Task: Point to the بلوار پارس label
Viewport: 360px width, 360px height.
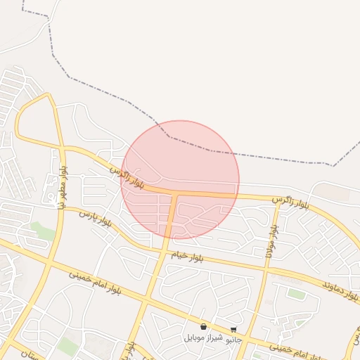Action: point(95,217)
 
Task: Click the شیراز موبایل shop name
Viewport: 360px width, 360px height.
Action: point(203,337)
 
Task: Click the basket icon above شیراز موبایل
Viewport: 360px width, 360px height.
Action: point(203,327)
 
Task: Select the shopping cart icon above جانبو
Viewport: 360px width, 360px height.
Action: point(233,329)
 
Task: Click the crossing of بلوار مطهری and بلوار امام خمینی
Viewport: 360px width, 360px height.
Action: point(49,264)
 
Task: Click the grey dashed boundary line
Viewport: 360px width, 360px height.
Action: point(211,150)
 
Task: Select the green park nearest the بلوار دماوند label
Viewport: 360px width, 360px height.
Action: point(297,295)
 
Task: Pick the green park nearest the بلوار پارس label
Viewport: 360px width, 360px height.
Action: point(43,231)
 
